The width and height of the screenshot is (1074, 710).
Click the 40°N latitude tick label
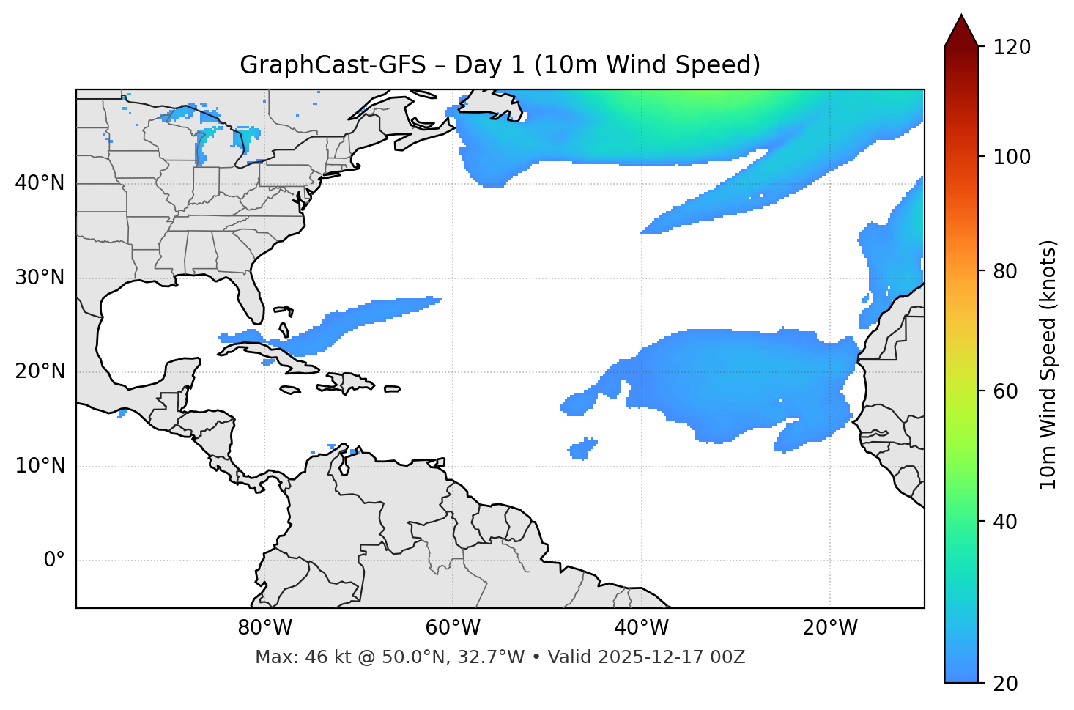click(40, 183)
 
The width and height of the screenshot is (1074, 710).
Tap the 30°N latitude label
click(40, 278)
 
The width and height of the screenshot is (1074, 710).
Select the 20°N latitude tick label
click(40, 371)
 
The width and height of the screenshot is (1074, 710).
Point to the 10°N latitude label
click(40, 466)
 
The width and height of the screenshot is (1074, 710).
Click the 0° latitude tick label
click(54, 561)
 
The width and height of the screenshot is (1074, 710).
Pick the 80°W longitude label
click(264, 628)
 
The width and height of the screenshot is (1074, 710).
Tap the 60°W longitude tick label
click(453, 628)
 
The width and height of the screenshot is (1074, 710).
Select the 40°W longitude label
click(641, 628)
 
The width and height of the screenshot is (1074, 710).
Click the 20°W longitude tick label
click(830, 628)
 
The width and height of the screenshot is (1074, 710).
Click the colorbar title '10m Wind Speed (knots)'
click(1048, 364)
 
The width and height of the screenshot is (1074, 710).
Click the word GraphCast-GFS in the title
click(333, 65)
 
